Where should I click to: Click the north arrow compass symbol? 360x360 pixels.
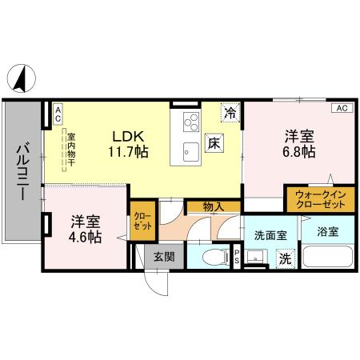[x=22, y=77]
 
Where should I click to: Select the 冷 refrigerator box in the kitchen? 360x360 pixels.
[x=230, y=113]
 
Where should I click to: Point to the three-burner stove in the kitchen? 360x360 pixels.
[x=192, y=122]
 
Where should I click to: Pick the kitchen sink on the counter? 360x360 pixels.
[x=191, y=150]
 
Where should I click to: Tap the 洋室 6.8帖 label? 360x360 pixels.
[x=295, y=142]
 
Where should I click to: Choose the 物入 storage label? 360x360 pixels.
[x=212, y=207]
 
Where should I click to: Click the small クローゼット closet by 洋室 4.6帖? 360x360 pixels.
[x=140, y=222]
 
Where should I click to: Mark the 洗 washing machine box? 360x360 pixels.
[x=283, y=258]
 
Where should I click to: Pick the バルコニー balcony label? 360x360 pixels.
[x=22, y=172]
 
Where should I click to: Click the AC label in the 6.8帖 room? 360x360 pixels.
[x=341, y=108]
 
